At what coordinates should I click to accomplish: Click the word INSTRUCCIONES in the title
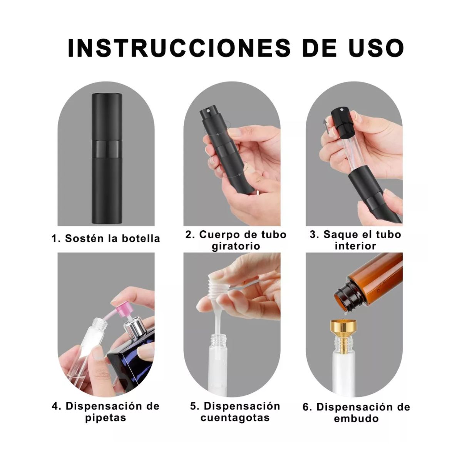(179, 48)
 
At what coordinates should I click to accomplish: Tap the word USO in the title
(372, 48)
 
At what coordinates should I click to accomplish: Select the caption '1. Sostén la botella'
(106, 238)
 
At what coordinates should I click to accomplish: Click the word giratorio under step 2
(236, 246)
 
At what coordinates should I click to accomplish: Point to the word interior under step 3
(355, 246)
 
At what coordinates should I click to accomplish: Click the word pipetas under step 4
(105, 418)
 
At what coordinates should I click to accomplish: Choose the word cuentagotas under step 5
(235, 418)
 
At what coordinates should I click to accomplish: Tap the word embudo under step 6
(356, 418)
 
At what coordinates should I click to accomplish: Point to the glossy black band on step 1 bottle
(107, 147)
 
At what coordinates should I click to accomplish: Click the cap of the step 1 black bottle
(107, 115)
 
